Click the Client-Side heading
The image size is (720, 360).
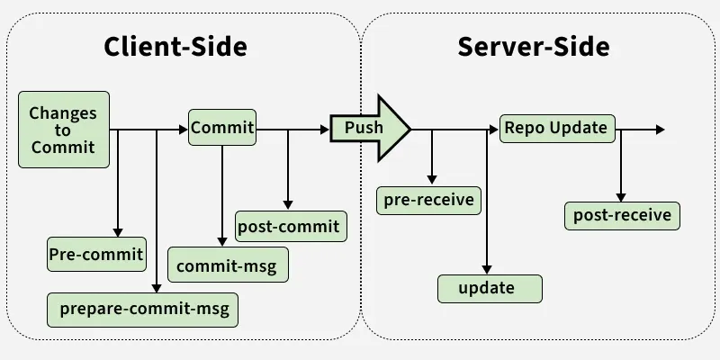(175, 46)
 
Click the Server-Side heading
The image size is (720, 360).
(534, 46)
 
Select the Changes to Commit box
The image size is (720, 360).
(63, 130)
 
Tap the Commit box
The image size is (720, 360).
(222, 127)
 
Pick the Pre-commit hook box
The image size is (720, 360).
(95, 255)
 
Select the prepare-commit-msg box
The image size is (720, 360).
(144, 310)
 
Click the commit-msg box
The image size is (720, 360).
(229, 266)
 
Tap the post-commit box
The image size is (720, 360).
(289, 226)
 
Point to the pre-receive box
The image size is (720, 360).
(428, 199)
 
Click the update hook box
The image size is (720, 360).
(490, 288)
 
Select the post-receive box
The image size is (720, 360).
(622, 215)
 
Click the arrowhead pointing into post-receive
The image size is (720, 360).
(621, 195)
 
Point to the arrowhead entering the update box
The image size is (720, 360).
(487, 268)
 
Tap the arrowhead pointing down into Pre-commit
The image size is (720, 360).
(118, 232)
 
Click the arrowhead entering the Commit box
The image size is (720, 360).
(183, 130)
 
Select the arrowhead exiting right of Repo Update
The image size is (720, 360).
(660, 130)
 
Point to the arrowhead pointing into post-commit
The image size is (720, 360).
(288, 204)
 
